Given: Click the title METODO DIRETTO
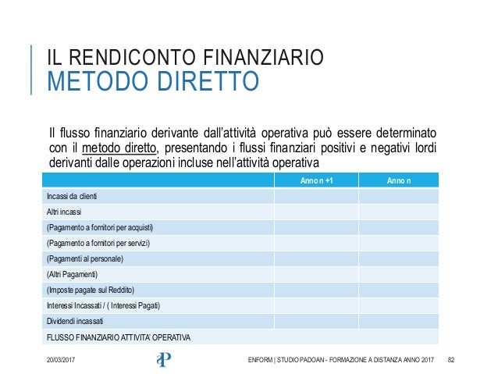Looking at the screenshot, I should click(153, 81).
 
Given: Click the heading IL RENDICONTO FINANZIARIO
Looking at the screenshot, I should click(184, 57).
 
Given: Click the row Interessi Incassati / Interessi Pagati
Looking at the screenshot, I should click(104, 305).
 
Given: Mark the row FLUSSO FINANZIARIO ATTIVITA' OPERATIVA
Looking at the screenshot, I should click(119, 337).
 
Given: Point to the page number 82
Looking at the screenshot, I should click(450, 358).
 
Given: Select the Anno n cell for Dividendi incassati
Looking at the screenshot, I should click(398, 321).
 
